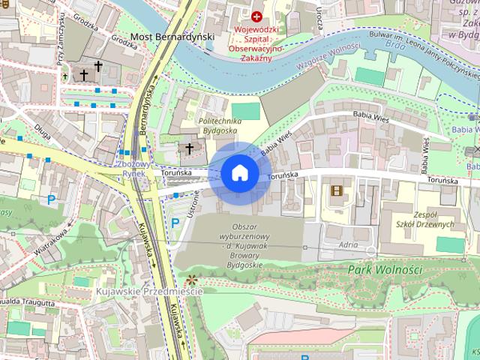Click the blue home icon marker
pyautogui.click(x=239, y=173)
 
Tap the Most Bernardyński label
pyautogui.click(x=172, y=36)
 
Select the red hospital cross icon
pyautogui.click(x=257, y=16)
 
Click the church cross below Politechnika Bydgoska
pyautogui.click(x=190, y=149)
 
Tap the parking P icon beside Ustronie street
pyautogui.click(x=175, y=223)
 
